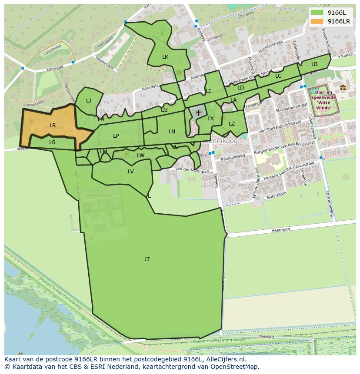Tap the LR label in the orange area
point(53,126)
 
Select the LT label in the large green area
point(147,259)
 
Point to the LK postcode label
point(165,57)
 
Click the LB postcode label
point(314,64)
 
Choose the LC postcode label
point(278,76)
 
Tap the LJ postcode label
point(89,101)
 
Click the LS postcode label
point(52,142)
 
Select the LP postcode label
point(116,136)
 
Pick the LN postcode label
point(172,132)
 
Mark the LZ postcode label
point(232,124)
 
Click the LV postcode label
point(131,172)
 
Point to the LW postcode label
point(141,156)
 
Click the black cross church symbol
point(198,113)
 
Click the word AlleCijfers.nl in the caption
point(226,359)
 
